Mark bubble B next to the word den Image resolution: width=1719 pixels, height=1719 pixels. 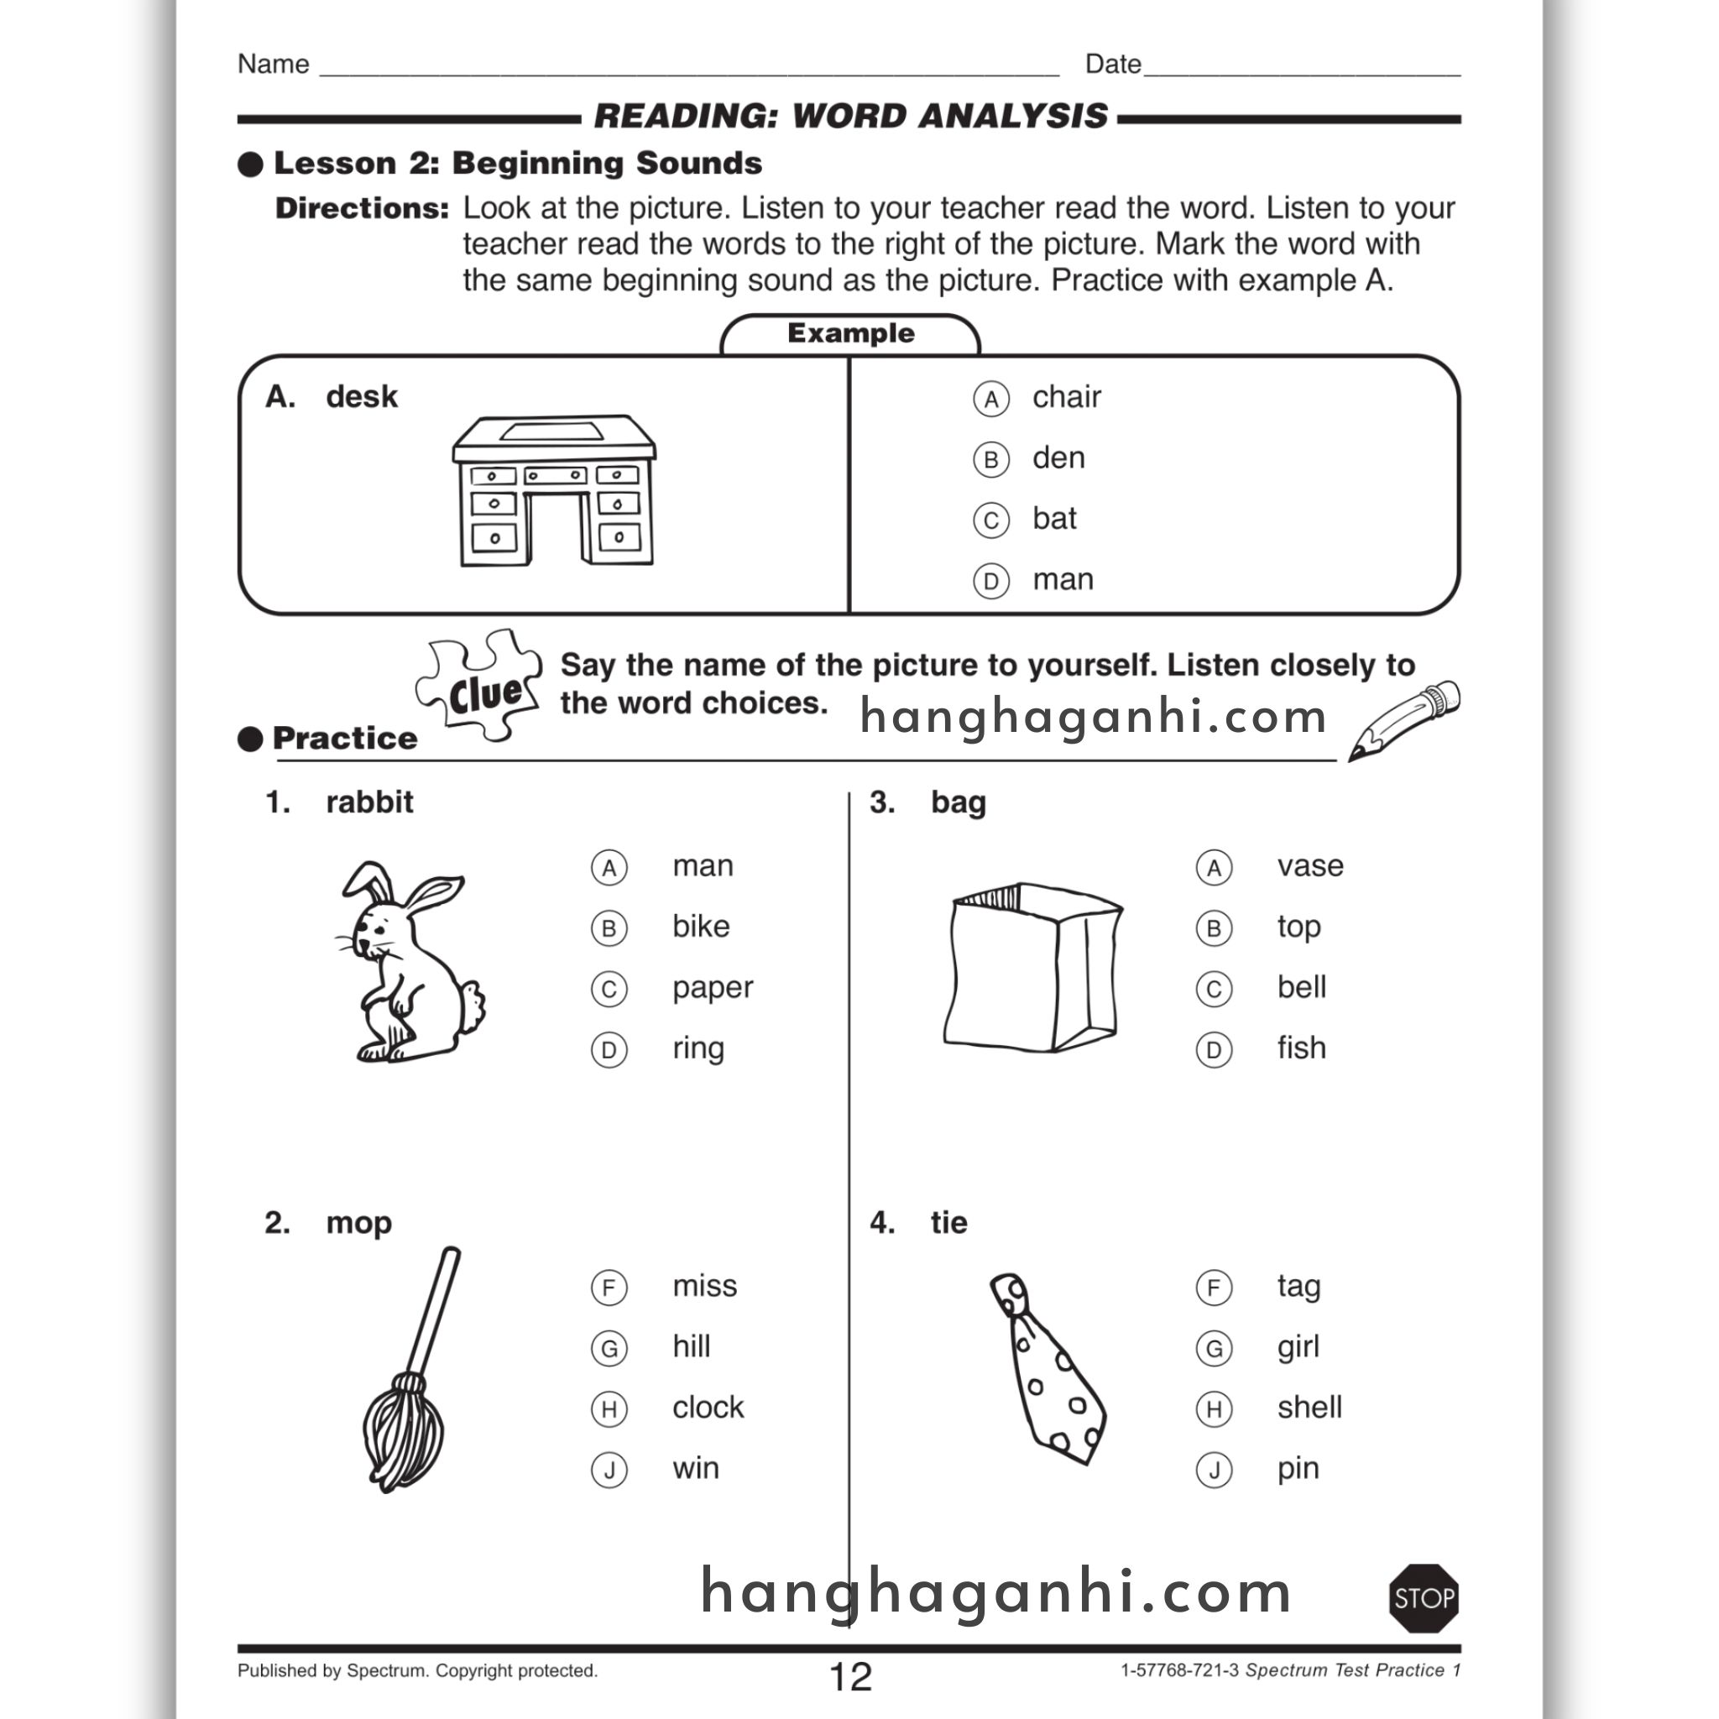[990, 460]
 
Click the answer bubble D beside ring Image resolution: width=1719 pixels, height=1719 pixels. [609, 1050]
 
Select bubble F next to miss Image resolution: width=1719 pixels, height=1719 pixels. [609, 1288]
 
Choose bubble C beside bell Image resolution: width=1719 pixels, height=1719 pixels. [1214, 990]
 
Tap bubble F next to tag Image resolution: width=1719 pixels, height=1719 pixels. [1214, 1288]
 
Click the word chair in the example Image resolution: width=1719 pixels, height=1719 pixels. [1066, 397]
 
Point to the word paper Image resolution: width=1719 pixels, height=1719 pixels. [712, 988]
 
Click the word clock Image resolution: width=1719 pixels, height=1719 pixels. [708, 1408]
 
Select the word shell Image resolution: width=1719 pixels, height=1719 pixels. [1309, 1408]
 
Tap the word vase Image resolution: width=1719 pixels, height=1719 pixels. [1309, 865]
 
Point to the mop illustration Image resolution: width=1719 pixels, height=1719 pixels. [411, 1370]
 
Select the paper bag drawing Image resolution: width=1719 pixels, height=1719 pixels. [1032, 968]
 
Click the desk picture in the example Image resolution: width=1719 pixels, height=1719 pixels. [554, 490]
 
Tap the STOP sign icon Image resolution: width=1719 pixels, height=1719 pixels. [1424, 1599]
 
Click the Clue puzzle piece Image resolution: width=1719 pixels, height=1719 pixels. [480, 686]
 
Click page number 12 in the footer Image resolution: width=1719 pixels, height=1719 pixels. [849, 1677]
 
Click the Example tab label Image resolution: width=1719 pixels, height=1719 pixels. [849, 334]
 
